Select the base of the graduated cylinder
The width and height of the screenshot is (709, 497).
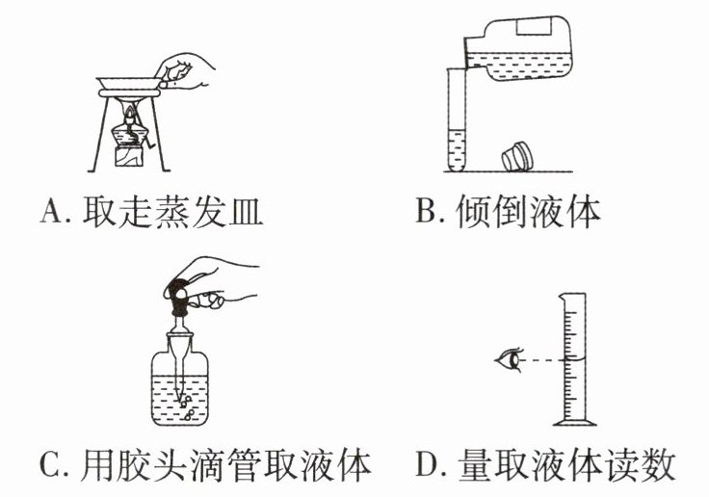pos(576,421)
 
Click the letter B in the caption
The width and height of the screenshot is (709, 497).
pos(426,209)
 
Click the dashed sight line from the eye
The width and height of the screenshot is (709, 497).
pos(545,360)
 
